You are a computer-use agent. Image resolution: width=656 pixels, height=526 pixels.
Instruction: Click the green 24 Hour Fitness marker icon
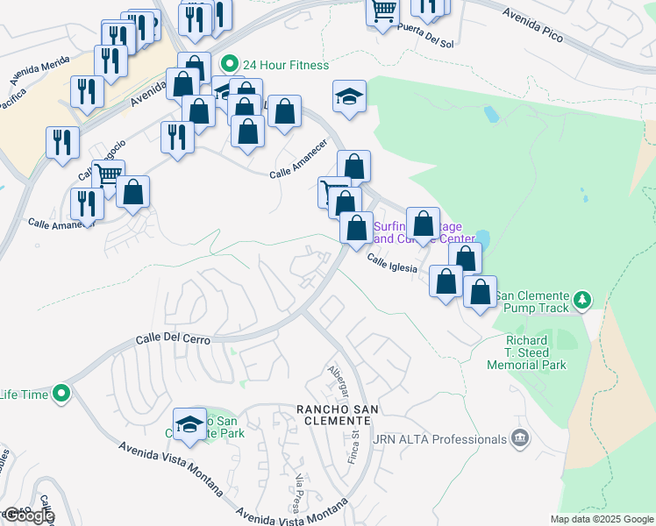[230, 64]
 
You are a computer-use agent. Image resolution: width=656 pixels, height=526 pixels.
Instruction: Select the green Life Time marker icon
[61, 394]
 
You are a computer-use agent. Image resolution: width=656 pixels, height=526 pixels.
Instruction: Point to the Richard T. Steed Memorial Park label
[527, 352]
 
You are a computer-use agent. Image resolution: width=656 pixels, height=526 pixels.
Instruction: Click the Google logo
[28, 515]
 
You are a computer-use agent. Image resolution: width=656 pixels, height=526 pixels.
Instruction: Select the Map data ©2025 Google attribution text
[602, 519]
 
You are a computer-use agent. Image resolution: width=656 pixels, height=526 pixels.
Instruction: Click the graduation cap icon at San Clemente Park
[189, 425]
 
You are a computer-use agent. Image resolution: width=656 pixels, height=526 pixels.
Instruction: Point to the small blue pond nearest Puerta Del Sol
[490, 113]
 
